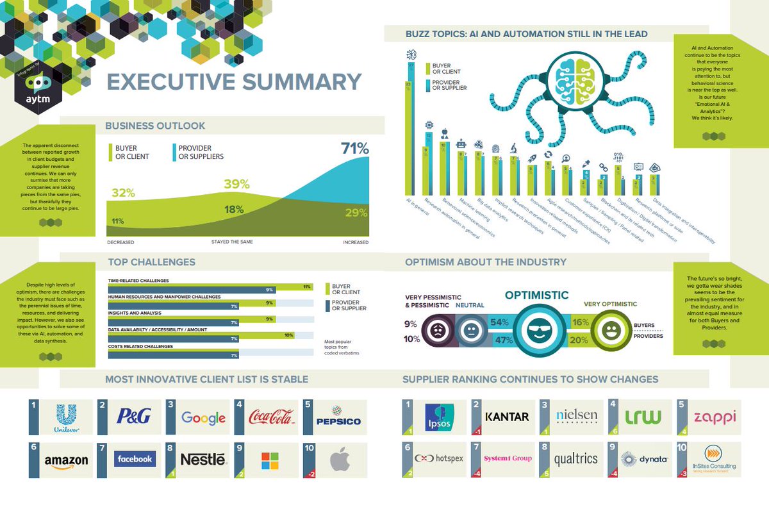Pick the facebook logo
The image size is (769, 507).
[x=135, y=459]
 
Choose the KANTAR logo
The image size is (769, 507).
[x=507, y=417]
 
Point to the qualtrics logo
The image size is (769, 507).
[x=575, y=459]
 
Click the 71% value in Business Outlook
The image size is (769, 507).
[x=354, y=149]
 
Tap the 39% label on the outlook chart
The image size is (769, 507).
[x=236, y=185]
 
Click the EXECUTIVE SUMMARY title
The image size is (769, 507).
[x=234, y=82]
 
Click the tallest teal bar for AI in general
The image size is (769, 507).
[x=412, y=128]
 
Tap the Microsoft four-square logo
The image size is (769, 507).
[x=270, y=460]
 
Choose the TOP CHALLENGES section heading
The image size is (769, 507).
[x=151, y=262]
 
